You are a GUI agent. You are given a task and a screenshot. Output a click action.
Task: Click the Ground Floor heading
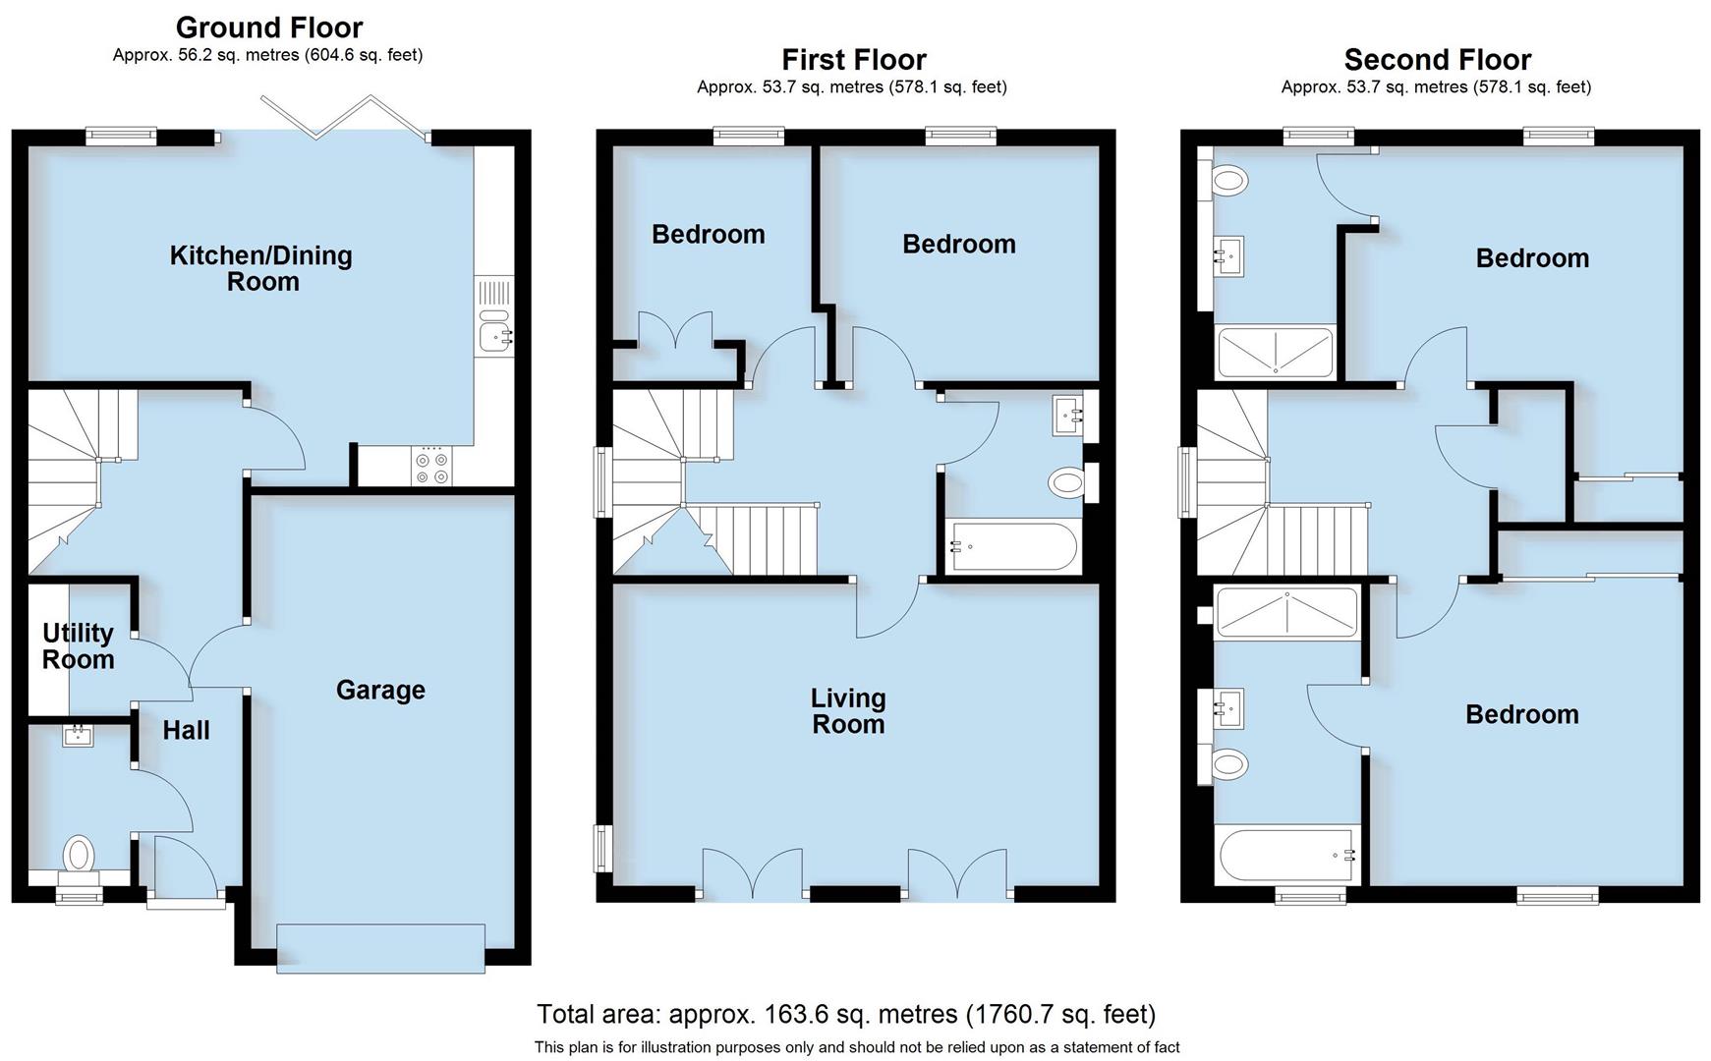pos(268,28)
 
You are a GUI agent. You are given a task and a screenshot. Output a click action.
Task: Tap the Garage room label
pos(380,691)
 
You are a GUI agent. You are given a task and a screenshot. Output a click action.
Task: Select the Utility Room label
pos(78,646)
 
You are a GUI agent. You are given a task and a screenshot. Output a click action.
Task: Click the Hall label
pos(186,730)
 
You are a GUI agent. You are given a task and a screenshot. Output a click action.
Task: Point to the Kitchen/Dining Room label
pos(261,268)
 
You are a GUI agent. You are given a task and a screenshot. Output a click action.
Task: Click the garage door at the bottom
pos(380,948)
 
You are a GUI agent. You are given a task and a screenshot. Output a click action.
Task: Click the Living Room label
pos(847,711)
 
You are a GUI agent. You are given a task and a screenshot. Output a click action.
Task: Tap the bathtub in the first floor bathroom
pos(1012,546)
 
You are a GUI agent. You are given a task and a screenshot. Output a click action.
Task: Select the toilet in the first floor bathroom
pos(1067,482)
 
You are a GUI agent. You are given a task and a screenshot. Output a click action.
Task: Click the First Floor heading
pos(853,60)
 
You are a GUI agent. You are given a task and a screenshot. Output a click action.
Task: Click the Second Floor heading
pos(1437,60)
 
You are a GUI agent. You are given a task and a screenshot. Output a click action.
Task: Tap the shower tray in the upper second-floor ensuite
pos(1275,353)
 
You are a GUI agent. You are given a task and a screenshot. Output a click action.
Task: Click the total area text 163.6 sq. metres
pos(845,1014)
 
